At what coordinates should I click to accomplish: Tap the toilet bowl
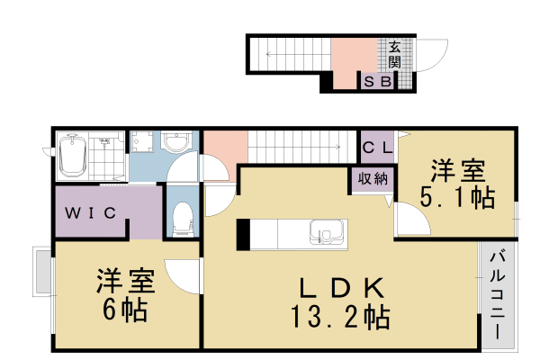[x=182, y=218]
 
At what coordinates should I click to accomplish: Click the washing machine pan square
[x=141, y=142]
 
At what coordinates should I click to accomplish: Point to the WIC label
[x=88, y=213]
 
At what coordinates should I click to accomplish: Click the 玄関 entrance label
[x=395, y=56]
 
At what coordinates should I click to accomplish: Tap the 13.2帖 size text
[x=340, y=317]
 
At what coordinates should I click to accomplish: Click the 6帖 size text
[x=123, y=311]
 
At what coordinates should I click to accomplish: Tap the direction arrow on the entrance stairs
[x=270, y=56]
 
